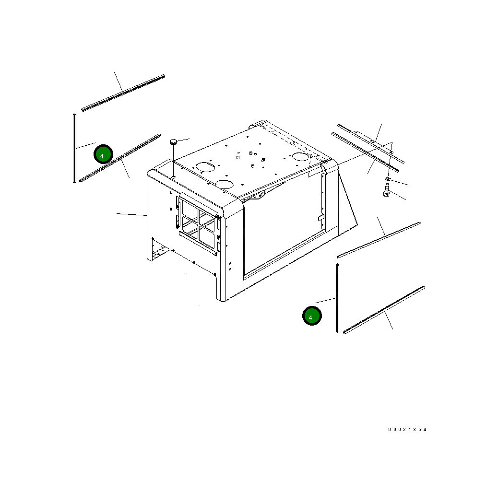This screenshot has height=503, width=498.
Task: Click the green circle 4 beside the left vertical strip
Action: (103, 154)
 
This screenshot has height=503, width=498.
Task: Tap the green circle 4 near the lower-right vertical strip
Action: (312, 316)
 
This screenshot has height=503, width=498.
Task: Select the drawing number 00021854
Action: (407, 430)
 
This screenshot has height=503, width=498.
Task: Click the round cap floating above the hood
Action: (174, 141)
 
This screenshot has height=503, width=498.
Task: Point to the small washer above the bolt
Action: (388, 178)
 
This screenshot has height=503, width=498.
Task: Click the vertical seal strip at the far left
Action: (75, 148)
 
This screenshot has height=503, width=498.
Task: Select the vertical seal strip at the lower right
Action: (337, 298)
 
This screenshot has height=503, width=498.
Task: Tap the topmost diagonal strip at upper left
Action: (123, 93)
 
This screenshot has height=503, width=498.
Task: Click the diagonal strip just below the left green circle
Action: (119, 158)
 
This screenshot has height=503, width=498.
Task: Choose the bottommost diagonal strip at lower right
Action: (384, 310)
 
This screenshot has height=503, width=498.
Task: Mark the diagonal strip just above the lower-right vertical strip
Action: (379, 240)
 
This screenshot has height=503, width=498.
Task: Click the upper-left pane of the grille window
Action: (190, 210)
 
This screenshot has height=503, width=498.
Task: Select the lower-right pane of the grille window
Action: (207, 237)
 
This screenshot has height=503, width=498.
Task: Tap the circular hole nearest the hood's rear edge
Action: (301, 156)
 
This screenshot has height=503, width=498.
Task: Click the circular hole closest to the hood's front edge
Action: (225, 184)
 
